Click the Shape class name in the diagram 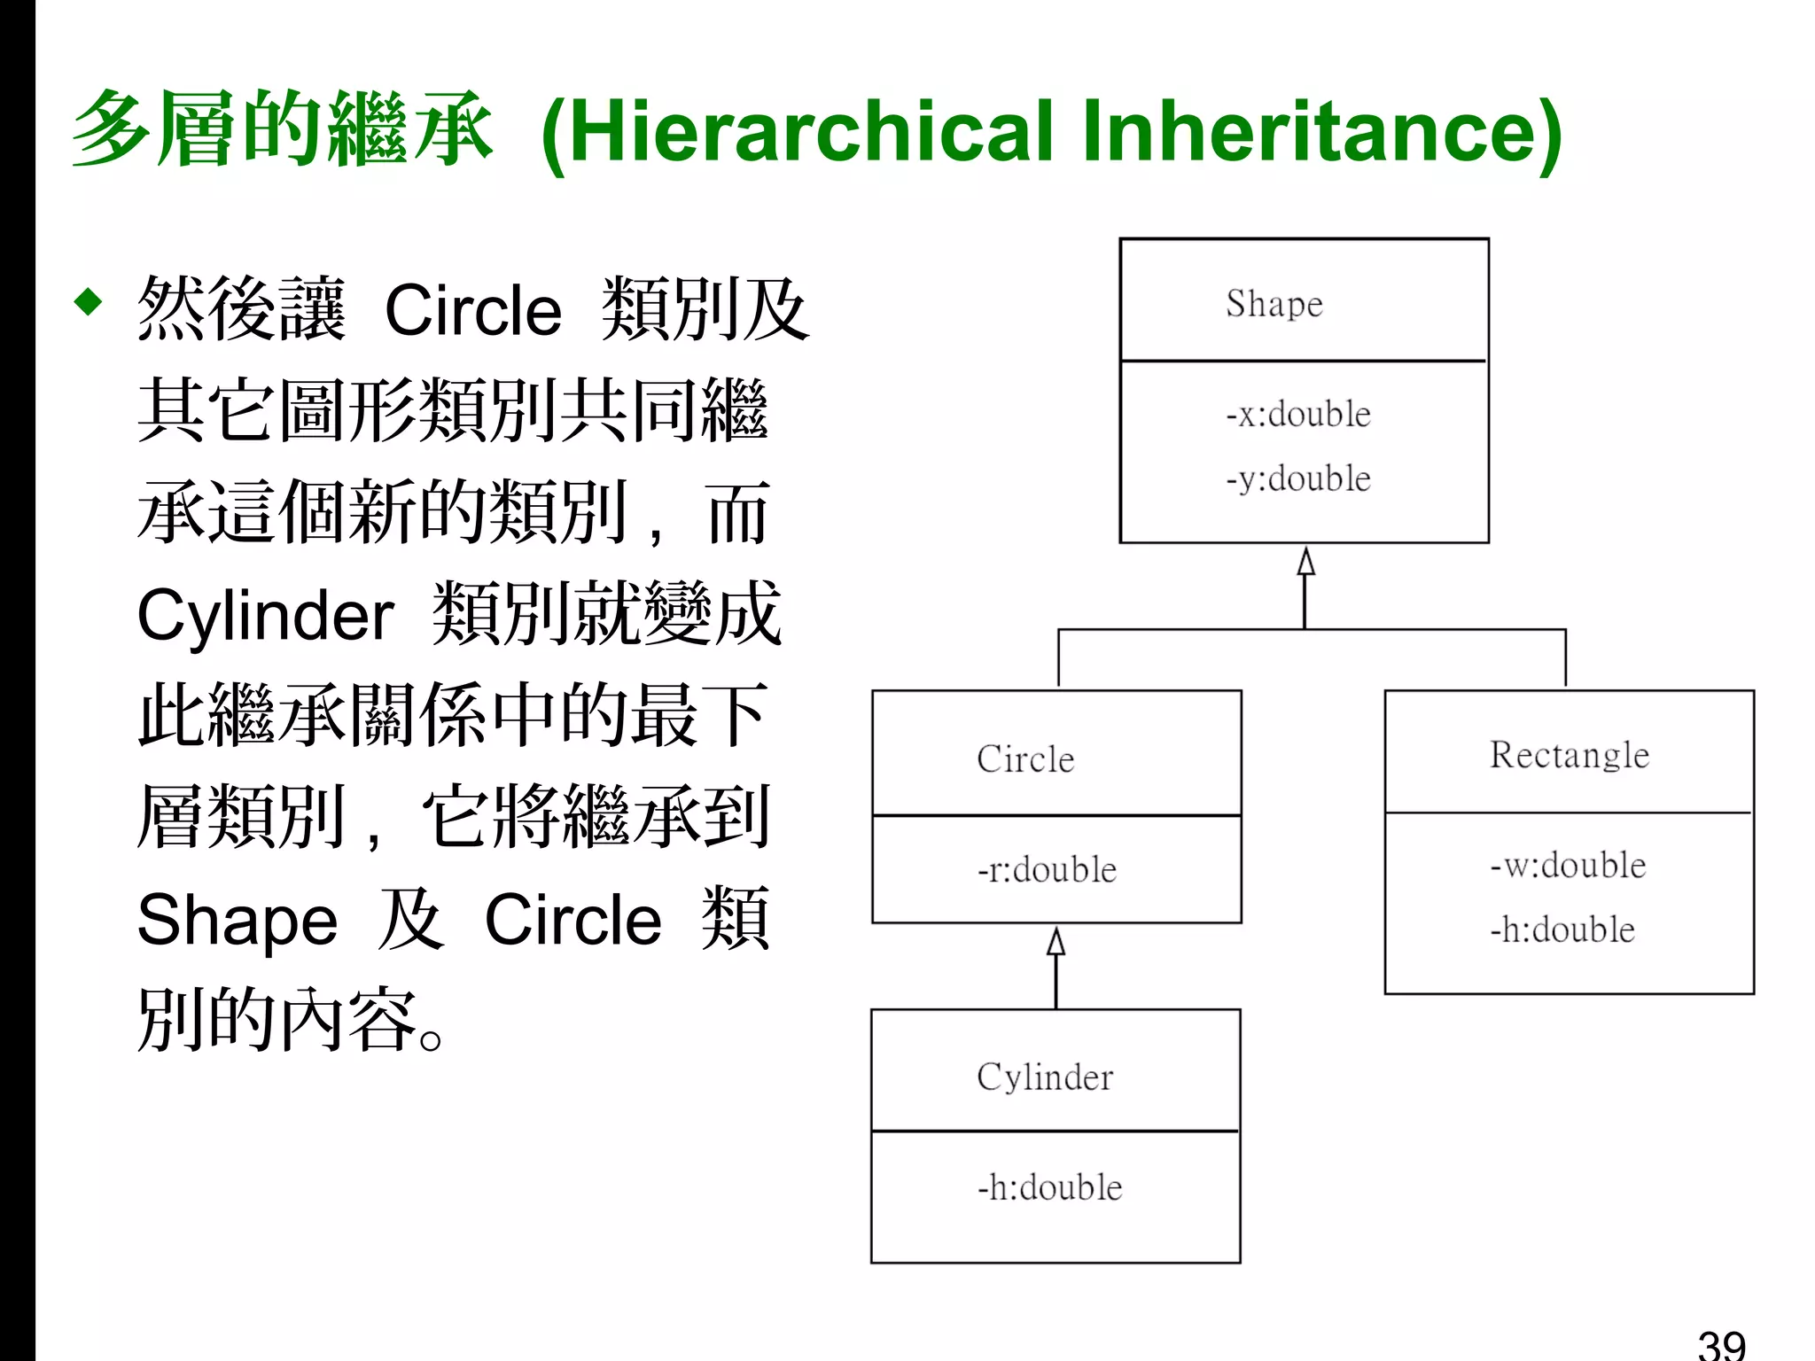click(1274, 304)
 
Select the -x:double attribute click(1298, 415)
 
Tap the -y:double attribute click(1298, 479)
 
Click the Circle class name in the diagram click(1025, 759)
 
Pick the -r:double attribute click(1047, 870)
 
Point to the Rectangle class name click(1570, 755)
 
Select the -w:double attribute click(1568, 866)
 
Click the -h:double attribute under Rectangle click(1562, 930)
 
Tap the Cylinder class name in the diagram click(1045, 1077)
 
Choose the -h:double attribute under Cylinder click(1049, 1188)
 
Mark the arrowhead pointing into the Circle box click(1056, 941)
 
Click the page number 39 click(1721, 1343)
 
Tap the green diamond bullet click(89, 301)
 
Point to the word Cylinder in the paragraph click(265, 616)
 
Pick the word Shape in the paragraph click(238, 921)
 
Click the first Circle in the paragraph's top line click(473, 311)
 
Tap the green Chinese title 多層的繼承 click(282, 129)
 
